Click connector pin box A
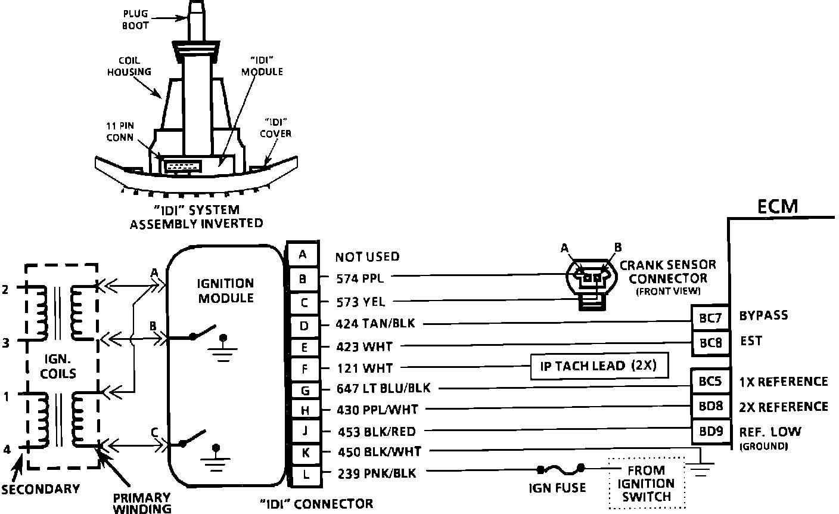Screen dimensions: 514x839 (303, 255)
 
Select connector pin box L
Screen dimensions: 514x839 (304, 475)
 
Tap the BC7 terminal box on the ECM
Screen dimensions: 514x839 (710, 318)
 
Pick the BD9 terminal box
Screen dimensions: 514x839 (710, 431)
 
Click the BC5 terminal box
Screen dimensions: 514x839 (710, 382)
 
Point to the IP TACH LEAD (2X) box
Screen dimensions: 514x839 (598, 366)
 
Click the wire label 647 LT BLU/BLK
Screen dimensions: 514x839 (383, 389)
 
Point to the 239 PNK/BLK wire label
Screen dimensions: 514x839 (376, 473)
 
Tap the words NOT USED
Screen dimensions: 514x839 (367, 257)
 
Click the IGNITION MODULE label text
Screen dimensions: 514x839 (225, 290)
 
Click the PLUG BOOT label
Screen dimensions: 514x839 (136, 20)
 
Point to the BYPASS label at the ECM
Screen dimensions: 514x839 (763, 315)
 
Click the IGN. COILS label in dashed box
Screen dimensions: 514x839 (60, 366)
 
